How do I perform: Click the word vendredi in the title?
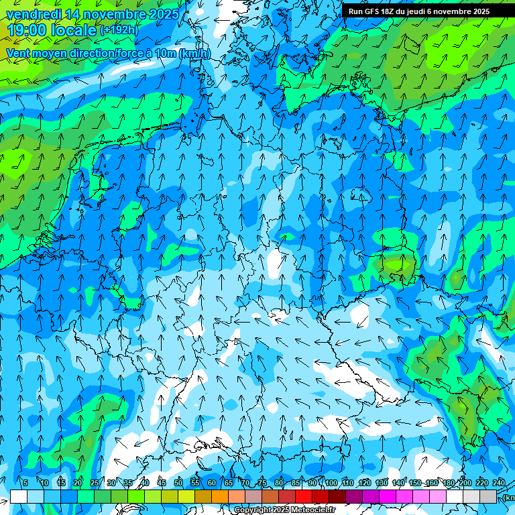(35, 14)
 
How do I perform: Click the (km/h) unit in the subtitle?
(195, 54)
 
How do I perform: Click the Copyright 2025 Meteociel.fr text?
(285, 510)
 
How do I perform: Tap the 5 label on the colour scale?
(25, 483)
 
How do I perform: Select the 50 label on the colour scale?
(178, 483)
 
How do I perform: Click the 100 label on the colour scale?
(331, 483)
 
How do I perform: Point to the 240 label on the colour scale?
(499, 483)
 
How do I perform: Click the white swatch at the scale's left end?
(18, 496)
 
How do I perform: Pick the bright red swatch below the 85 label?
(304, 496)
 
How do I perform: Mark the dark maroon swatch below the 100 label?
(337, 496)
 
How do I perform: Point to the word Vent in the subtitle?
(19, 54)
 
